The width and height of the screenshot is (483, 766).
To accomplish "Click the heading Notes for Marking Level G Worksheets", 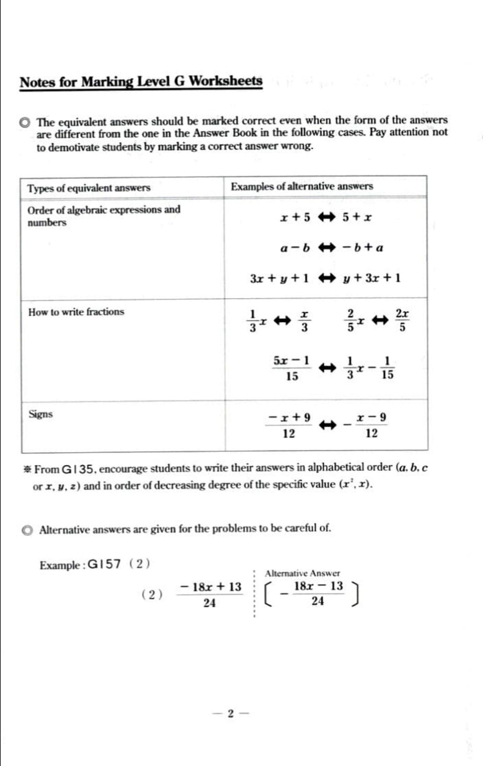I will point(141,82).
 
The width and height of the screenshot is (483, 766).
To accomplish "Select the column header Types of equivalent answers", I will point(89,188).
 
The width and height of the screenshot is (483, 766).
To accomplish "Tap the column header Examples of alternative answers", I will point(302,186).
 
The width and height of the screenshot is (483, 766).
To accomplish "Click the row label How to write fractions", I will point(76,312).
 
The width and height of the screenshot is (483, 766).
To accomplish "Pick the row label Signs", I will point(40,414).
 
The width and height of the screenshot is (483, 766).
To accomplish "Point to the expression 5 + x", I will point(357,217).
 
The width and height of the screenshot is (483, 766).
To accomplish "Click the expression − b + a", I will point(363,248).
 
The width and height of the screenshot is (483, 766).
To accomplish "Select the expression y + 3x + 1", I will point(372,278).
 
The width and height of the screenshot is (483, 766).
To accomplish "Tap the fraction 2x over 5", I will point(402,321).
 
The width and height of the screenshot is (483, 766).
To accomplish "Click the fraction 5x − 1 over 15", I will point(292,368).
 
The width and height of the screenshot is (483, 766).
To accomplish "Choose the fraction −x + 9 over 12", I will point(289,425).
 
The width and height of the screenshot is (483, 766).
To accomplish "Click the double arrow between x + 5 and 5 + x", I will point(326,217).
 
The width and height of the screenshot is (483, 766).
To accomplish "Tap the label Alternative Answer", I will point(302,573).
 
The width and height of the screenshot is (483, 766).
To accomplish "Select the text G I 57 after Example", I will point(104,565).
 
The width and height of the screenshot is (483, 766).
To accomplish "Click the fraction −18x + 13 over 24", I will point(210,595).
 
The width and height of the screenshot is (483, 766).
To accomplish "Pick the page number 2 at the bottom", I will point(230,713).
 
